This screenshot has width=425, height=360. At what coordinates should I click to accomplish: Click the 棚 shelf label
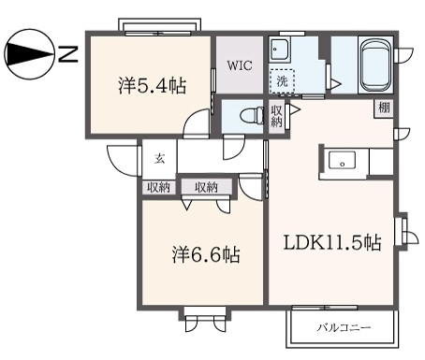point(385,108)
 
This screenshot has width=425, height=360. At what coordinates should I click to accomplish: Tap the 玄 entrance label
point(159,156)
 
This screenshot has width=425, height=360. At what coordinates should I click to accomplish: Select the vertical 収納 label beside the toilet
point(276,117)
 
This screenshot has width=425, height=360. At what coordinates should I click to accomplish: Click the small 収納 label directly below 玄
point(158,187)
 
